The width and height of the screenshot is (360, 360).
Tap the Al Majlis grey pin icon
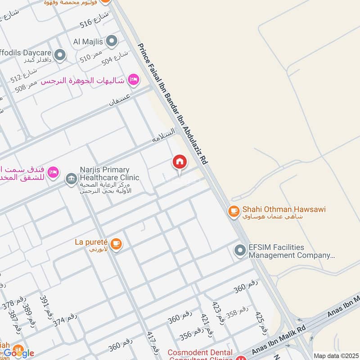(x=112, y=42)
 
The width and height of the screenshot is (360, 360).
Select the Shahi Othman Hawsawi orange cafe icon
(x=233, y=210)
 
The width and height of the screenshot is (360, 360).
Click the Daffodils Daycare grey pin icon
(x=60, y=56)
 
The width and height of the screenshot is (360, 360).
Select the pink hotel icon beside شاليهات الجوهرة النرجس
(x=133, y=80)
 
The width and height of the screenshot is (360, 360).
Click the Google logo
(x=19, y=353)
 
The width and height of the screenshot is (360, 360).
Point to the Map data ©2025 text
(x=336, y=355)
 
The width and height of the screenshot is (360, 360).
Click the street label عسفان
(x=120, y=99)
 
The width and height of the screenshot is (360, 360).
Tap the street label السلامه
(x=163, y=135)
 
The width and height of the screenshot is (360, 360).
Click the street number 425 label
(x=260, y=321)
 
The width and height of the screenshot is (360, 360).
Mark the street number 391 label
(x=44, y=305)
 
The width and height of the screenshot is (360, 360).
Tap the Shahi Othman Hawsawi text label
(x=283, y=209)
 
